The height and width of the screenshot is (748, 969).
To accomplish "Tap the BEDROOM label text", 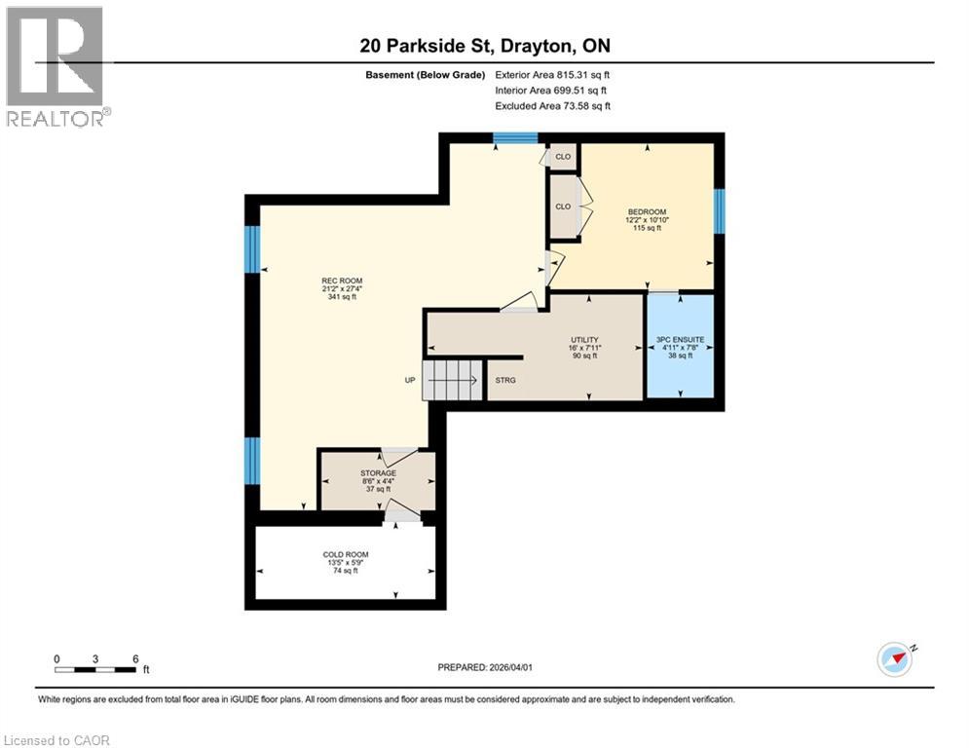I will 647,212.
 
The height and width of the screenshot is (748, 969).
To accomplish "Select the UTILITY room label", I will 584,340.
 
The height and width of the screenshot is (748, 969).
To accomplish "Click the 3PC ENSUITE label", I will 680,340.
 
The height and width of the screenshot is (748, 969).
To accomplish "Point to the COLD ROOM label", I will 346,555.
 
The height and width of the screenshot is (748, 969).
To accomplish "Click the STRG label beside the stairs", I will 506,379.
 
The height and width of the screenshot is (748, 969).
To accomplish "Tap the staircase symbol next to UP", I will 453,379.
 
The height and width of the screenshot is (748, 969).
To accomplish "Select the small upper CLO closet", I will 563,156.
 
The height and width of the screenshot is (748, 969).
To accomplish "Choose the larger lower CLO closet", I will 563,206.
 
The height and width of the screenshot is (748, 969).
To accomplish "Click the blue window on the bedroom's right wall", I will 720,211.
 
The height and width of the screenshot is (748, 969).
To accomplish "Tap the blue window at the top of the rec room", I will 515,138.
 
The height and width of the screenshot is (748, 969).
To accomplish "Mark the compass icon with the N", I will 896,658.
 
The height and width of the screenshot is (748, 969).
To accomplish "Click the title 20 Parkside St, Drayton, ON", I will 484,46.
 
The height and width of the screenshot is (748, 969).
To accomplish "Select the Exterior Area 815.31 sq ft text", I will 552,75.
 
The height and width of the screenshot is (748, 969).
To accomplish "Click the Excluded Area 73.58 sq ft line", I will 552,105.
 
